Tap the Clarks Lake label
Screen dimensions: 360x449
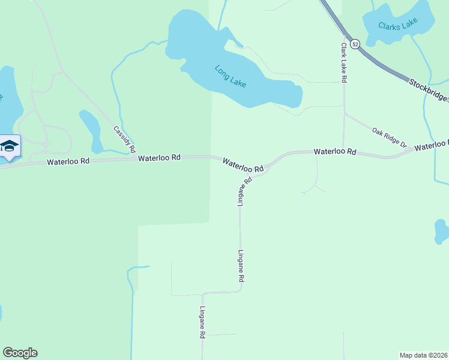(x=397, y=26)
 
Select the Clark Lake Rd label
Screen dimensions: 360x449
(x=344, y=62)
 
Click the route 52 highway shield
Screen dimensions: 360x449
(x=355, y=44)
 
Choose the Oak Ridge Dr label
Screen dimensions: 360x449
(x=389, y=137)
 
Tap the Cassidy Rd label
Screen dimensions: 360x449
(x=125, y=139)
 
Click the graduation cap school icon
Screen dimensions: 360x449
(x=10, y=146)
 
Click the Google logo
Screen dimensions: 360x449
(x=20, y=353)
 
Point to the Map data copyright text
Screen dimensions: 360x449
(x=424, y=355)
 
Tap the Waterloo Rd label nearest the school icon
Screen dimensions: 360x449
(x=68, y=161)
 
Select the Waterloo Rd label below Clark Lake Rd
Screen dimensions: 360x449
(x=335, y=152)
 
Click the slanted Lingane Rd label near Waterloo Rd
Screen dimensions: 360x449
(x=243, y=191)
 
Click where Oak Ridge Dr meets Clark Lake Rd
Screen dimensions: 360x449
(x=344, y=112)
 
